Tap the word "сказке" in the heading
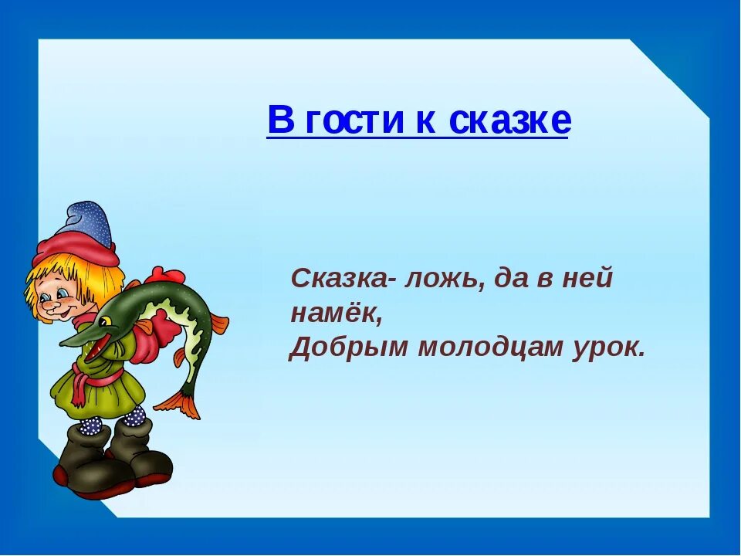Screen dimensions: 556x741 [x=509, y=120]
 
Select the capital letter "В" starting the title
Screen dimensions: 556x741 [x=281, y=120]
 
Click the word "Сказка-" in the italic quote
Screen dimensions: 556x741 [x=340, y=279]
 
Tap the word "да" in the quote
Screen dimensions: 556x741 [x=506, y=279]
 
